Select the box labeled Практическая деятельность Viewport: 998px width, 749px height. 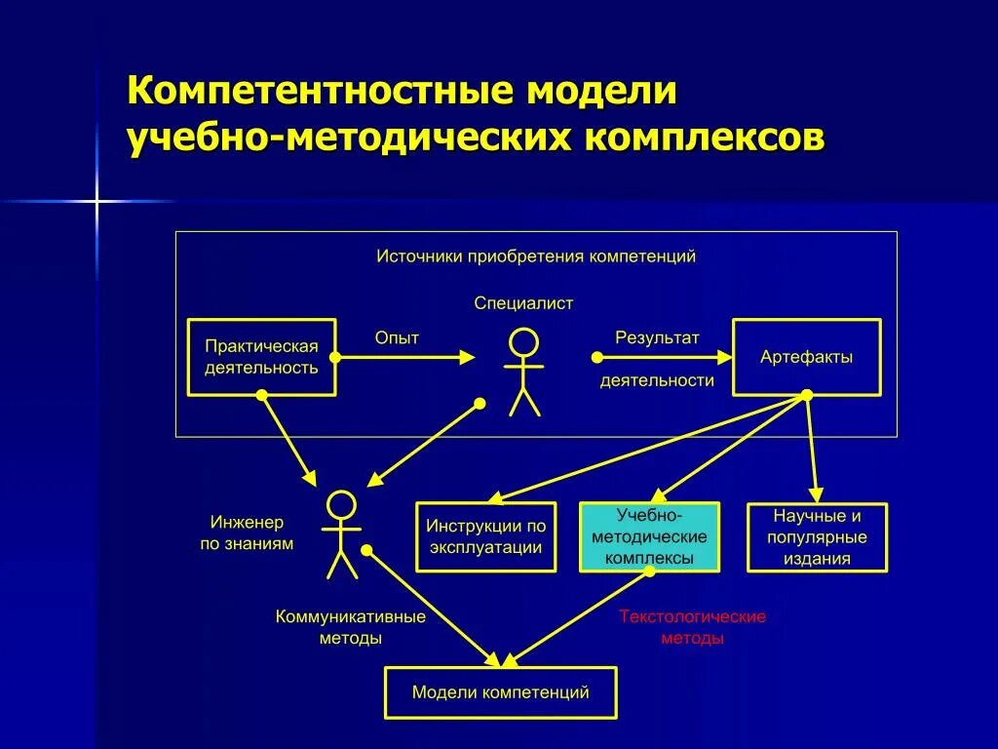[x=261, y=357]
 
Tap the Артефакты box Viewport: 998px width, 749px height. [x=806, y=357]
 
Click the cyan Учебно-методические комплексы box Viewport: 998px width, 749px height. [x=649, y=536]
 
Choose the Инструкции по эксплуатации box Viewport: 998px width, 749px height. [x=485, y=536]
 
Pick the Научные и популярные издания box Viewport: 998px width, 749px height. [x=817, y=536]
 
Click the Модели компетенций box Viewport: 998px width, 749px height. [x=500, y=693]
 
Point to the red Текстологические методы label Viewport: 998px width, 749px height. [x=692, y=627]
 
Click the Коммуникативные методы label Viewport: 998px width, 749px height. [x=351, y=627]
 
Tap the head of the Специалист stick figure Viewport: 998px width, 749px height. [x=524, y=343]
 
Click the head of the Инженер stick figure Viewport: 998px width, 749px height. [x=341, y=504]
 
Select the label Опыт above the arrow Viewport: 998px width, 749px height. [x=397, y=337]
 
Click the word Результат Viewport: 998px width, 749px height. [x=657, y=337]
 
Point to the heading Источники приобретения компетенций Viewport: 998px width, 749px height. [x=536, y=256]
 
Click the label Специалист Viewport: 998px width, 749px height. [x=523, y=303]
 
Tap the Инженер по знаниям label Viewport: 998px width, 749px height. [x=247, y=532]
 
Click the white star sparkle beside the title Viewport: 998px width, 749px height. [x=96, y=202]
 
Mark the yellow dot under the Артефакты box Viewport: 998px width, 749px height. [x=807, y=395]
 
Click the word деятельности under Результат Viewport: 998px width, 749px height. [x=657, y=380]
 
